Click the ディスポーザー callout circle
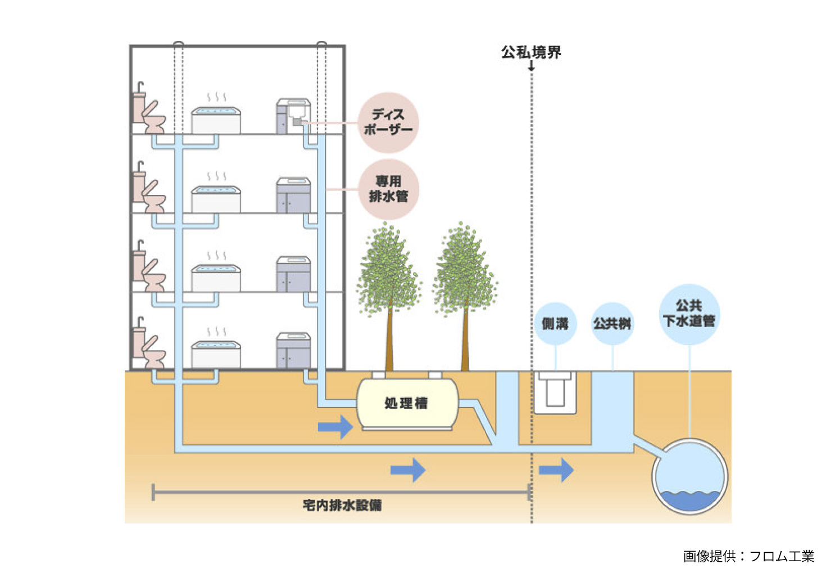388,122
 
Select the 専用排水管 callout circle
388,189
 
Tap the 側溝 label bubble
555,324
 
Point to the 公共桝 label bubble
612,324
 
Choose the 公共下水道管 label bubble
689,314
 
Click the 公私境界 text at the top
531,52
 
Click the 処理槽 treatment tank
407,403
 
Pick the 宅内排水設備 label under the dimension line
342,506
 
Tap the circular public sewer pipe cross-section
689,476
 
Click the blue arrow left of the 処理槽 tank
335,427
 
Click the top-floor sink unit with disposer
293,116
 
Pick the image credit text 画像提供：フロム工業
748,556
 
